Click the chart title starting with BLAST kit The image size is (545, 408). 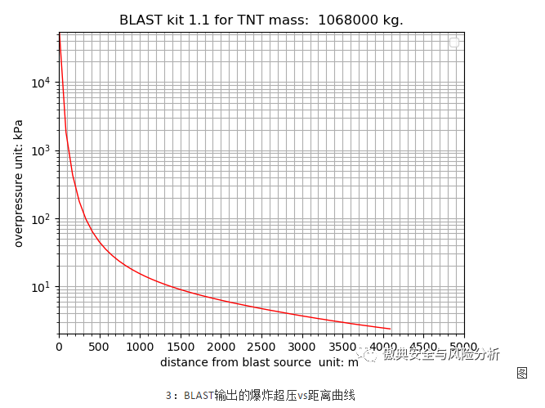pos(261,20)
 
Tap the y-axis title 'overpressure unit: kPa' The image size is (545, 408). pos(19,183)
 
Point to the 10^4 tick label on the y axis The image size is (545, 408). pos(41,83)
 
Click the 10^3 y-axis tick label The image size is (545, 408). pos(41,151)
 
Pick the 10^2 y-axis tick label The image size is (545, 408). pos(41,219)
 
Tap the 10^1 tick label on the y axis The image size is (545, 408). pos(41,287)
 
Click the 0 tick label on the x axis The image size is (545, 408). pos(59,347)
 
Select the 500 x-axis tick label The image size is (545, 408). pos(99,347)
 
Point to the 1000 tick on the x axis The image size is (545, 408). pos(140,347)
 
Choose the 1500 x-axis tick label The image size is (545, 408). pos(180,347)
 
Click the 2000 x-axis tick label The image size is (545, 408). pos(221,347)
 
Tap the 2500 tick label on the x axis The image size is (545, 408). pos(261,347)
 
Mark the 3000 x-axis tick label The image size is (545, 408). pos(302,347)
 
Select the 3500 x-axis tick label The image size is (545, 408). pos(342,347)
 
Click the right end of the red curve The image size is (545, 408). pos(390,329)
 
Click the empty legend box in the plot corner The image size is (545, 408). pos(454,43)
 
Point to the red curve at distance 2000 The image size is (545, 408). pos(221,300)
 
